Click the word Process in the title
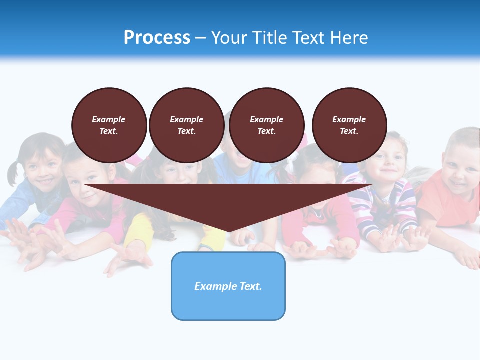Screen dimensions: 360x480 click(x=157, y=38)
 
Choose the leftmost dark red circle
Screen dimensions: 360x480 click(x=109, y=125)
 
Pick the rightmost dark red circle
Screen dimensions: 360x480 click(x=349, y=125)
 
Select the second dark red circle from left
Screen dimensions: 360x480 click(x=186, y=125)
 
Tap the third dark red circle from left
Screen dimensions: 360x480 click(x=266, y=125)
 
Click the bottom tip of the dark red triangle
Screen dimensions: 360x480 click(x=229, y=231)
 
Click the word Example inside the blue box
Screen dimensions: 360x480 click(x=213, y=286)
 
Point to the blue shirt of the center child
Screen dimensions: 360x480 click(x=245, y=175)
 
